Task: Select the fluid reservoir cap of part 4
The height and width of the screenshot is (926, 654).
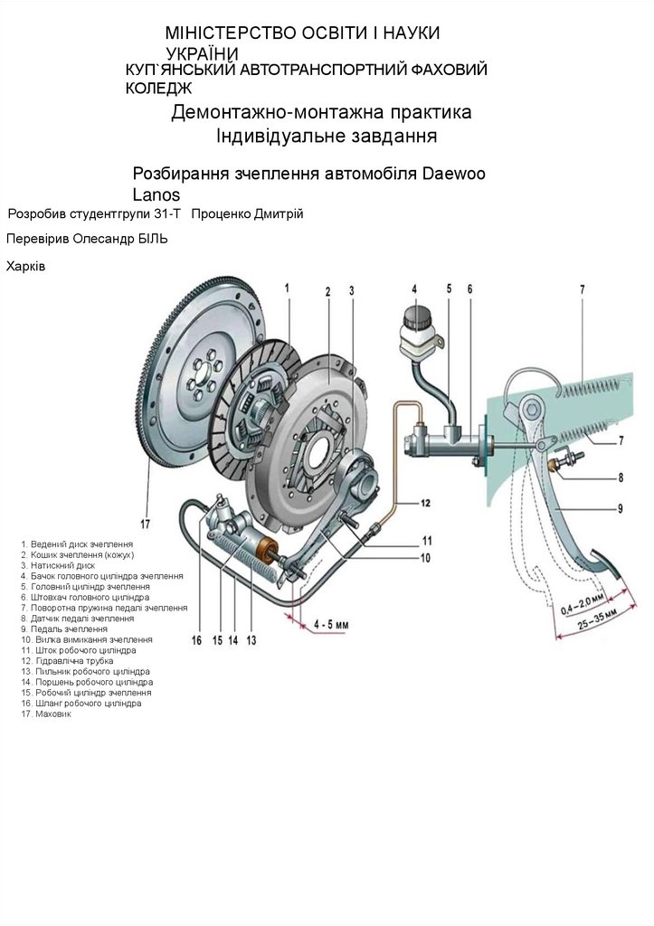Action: pos(415,317)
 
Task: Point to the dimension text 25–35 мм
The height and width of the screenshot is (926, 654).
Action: pos(598,620)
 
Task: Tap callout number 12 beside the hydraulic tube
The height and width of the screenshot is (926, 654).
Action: pos(424,503)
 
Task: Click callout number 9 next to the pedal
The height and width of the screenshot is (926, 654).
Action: pos(621,508)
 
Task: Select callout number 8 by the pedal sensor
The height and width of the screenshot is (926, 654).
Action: pos(621,477)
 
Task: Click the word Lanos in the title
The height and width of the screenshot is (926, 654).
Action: pos(156,194)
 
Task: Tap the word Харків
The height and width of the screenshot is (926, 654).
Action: pos(25,267)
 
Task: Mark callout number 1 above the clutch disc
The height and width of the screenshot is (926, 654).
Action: pos(286,288)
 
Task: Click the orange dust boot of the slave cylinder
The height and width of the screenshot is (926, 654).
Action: pos(267,550)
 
